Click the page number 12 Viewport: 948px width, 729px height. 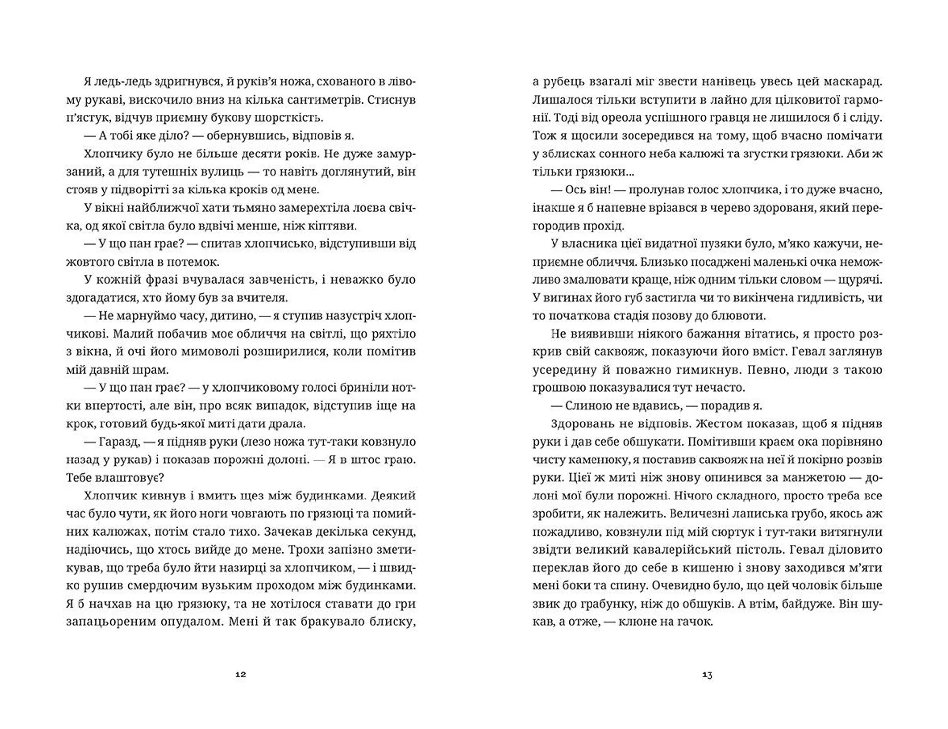[240, 675]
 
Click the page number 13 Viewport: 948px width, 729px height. [707, 675]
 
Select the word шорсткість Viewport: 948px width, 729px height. [293, 118]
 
